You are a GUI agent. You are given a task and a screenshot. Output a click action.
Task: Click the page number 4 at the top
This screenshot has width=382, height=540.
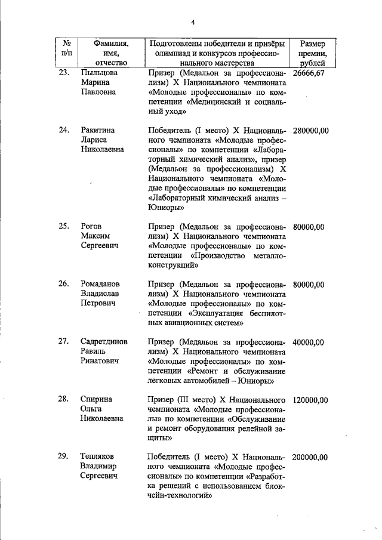click(x=193, y=23)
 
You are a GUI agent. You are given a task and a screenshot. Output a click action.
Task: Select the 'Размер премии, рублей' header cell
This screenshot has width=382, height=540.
click(x=313, y=53)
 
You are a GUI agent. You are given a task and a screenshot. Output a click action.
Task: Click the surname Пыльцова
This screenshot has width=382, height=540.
click(x=99, y=73)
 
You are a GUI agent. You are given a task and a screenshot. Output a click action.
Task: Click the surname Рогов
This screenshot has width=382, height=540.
click(x=92, y=227)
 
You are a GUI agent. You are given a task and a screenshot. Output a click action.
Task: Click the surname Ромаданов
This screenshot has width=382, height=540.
click(x=101, y=285)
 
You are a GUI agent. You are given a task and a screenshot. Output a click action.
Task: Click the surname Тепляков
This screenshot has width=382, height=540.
click(x=100, y=458)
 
